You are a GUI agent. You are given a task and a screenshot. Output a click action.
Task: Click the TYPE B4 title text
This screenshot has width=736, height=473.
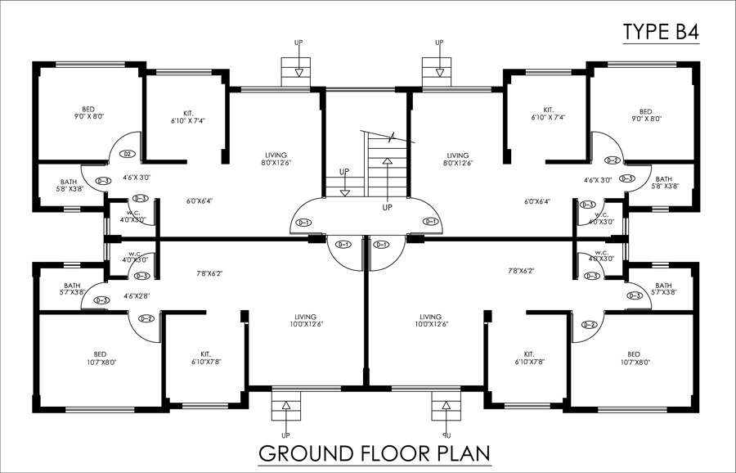coord(661,32)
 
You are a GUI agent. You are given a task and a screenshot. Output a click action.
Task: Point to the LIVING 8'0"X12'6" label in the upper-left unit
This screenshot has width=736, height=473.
coord(276,159)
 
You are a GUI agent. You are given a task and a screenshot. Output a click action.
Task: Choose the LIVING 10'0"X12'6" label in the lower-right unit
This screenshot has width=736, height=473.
coord(430,321)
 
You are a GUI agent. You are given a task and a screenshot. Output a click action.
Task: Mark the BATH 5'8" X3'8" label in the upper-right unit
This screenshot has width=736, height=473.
coord(663,182)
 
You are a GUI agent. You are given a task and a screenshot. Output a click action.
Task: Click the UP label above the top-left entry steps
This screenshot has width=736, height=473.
coord(298,42)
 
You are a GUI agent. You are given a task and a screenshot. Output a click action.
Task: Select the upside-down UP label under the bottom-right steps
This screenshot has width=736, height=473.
coord(447,435)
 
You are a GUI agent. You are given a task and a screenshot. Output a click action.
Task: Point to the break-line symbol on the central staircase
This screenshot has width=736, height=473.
coord(394,136)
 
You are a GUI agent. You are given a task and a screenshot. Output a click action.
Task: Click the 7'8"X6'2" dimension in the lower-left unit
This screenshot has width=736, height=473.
coord(210,273)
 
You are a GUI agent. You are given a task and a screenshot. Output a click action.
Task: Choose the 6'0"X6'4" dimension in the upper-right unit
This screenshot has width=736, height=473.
coord(537,201)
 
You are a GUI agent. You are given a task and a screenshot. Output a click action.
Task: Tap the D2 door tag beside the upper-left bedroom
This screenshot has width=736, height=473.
coord(127,154)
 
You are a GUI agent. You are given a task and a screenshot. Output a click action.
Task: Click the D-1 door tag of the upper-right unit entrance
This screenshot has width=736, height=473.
coord(431,222)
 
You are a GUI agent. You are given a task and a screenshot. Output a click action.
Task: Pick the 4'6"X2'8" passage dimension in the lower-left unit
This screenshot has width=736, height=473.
coord(137,295)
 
